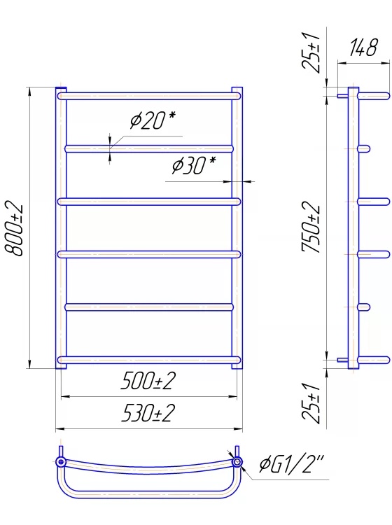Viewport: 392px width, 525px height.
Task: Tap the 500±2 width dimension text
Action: point(148,381)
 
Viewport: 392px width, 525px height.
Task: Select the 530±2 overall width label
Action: point(148,413)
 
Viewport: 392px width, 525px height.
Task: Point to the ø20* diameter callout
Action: point(153,120)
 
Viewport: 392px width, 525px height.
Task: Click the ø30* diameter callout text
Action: point(194,165)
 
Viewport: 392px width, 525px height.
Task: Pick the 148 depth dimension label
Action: point(363,48)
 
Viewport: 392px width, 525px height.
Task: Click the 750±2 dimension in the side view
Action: point(311,227)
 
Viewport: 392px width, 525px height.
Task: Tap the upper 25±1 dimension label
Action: point(311,52)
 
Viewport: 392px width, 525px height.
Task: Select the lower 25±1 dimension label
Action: point(311,403)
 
